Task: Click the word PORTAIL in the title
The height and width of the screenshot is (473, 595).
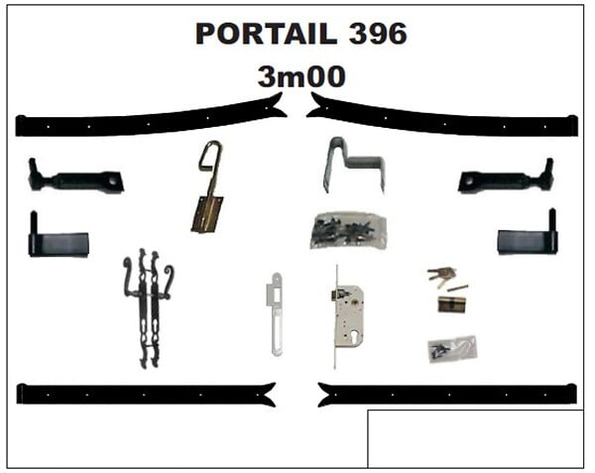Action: point(266,34)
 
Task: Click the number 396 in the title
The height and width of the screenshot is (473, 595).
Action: point(378,34)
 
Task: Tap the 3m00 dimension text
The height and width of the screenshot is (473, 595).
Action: point(301,76)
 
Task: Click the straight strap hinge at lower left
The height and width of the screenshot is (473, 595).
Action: point(146,395)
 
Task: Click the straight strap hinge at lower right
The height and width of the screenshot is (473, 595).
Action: point(447,395)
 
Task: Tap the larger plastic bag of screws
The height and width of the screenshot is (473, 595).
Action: point(348,230)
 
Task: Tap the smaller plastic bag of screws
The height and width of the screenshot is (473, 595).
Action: point(452,348)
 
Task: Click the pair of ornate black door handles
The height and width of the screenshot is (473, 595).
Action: point(149,308)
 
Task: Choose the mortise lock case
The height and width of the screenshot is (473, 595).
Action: point(348,316)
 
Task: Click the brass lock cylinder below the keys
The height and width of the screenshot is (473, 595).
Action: point(451,304)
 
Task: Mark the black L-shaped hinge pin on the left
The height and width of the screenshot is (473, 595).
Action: point(59,237)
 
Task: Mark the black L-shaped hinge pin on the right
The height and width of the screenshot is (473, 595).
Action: point(528,233)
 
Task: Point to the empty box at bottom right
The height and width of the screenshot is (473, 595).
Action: point(475,439)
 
